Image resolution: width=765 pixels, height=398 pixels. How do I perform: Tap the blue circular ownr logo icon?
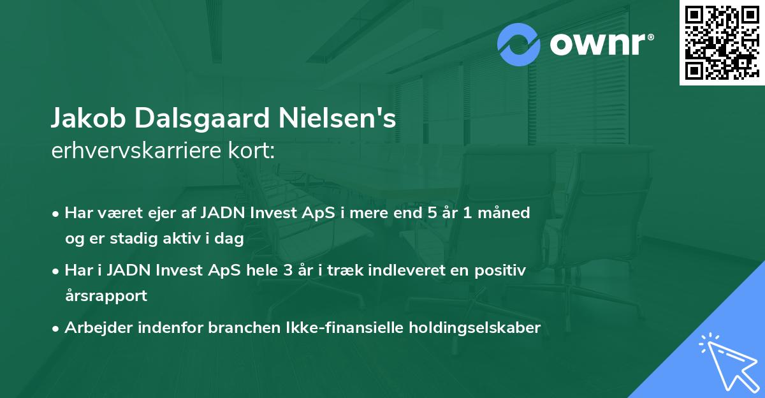519,45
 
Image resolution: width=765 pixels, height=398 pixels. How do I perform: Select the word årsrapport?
106,296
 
